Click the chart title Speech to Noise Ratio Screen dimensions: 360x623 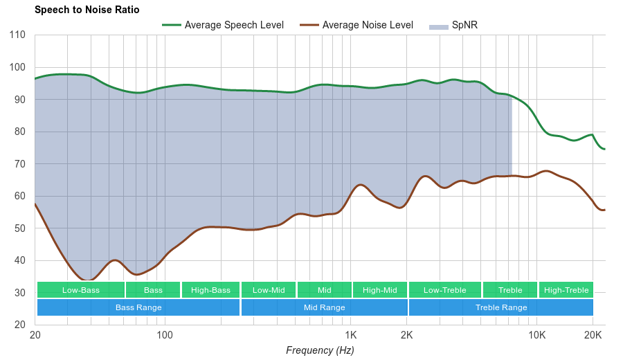[x=87, y=10]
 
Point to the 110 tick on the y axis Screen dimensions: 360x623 [x=17, y=35]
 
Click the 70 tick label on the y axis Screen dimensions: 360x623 [x=19, y=164]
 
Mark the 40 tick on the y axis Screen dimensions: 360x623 [x=19, y=260]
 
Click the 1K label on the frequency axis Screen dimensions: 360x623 [x=351, y=336]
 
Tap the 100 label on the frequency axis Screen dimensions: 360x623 [x=165, y=336]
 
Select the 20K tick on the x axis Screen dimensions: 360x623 [x=593, y=336]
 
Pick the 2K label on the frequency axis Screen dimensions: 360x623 [x=407, y=336]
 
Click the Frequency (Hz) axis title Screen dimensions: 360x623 [x=320, y=350]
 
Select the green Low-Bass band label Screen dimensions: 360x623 [x=81, y=290]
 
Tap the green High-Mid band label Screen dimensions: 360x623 [x=380, y=290]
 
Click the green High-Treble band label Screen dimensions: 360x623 [x=566, y=290]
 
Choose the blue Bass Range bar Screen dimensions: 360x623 [x=138, y=307]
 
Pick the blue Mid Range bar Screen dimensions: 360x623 [x=324, y=307]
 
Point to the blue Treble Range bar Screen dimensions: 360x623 [x=501, y=307]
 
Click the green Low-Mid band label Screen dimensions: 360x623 [x=269, y=290]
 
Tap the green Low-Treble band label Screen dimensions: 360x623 [x=444, y=290]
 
